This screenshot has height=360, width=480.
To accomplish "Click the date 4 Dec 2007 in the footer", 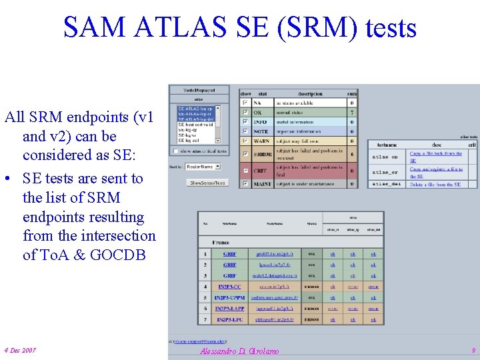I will point(20,351).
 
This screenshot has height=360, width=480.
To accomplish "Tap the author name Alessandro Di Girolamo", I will point(239,351).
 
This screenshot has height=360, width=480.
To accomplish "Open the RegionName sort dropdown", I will point(203,166).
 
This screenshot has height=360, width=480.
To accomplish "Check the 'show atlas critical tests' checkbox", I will point(175,151).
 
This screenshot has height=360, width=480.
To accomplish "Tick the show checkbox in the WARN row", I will point(245,141).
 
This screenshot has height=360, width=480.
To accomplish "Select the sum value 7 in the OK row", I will point(352,113).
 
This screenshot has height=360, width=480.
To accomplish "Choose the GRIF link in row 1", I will point(230,254).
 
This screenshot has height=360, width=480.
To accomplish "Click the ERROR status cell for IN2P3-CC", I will point(311,287).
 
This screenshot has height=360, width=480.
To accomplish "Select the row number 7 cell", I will point(205,320).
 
